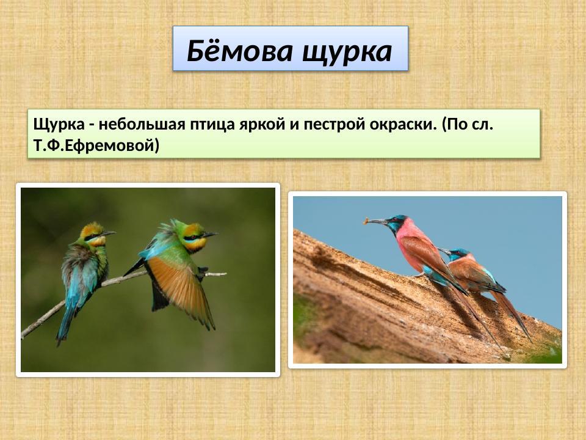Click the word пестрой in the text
tap(330, 125)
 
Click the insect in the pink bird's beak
tap(366, 220)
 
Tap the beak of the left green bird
tap(108, 233)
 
